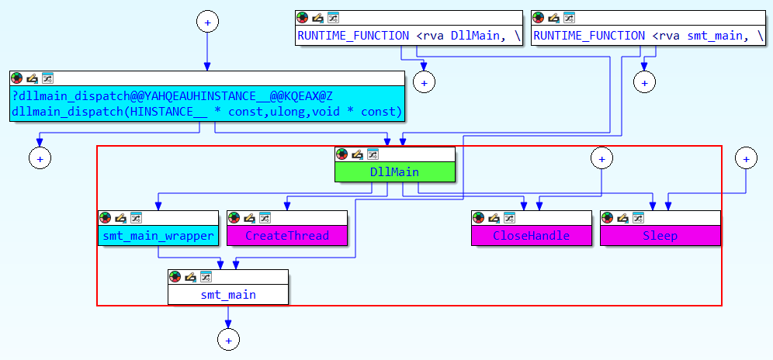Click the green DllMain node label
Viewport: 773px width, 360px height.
pos(394,171)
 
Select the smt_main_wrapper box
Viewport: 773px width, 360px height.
pos(158,236)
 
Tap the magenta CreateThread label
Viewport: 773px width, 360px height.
pos(287,236)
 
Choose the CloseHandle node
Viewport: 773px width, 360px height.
pos(531,236)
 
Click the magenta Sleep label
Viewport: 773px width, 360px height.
pos(660,236)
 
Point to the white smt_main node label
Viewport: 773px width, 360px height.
pos(228,295)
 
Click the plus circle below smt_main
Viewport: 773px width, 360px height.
pos(228,340)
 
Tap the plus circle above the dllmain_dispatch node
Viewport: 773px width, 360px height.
pos(206,22)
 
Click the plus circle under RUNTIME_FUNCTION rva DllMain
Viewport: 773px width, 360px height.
pos(425,81)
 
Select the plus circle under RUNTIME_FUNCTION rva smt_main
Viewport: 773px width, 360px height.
pos(644,81)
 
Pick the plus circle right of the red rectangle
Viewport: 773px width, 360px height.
pos(746,158)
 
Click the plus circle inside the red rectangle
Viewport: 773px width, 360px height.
pos(600,158)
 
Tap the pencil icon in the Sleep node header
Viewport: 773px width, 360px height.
pos(622,218)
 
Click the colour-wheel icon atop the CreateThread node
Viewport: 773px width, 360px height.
pos(234,218)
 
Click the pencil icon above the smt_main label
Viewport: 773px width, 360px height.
pos(190,277)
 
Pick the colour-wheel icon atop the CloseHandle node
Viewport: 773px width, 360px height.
pos(477,218)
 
